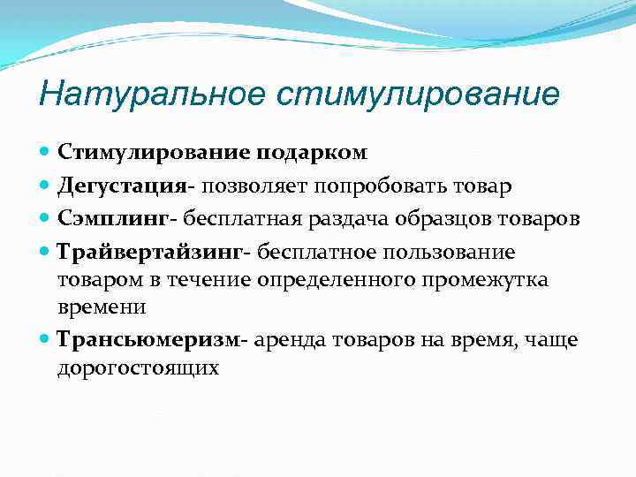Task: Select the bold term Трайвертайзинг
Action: [x=149, y=253]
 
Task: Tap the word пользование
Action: [x=452, y=253]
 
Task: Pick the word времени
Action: [x=102, y=307]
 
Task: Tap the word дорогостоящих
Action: [x=138, y=368]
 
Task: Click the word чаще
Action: [x=549, y=340]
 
